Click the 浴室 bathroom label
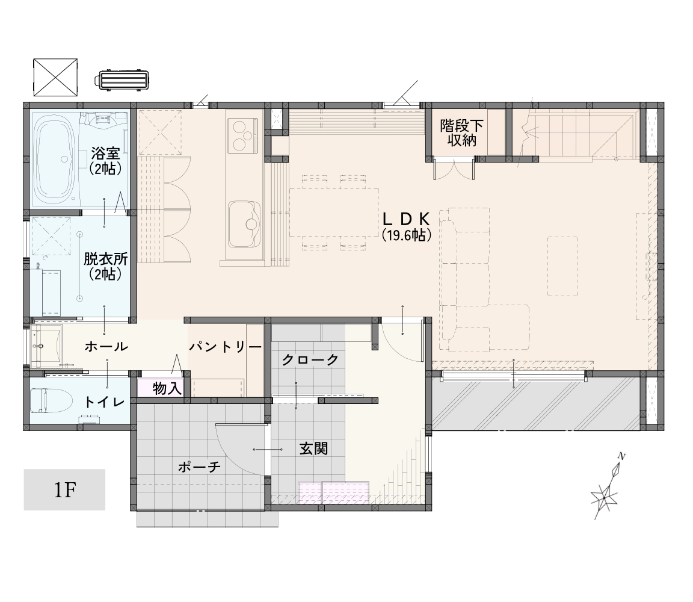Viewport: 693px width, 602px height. [x=105, y=154]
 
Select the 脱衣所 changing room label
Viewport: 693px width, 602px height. [x=105, y=259]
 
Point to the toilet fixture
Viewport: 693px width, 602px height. [x=51, y=400]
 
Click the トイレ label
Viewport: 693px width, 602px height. [x=104, y=402]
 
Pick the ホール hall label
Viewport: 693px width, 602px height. [x=106, y=346]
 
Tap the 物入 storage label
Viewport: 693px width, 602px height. [x=167, y=388]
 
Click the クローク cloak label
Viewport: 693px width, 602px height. [x=310, y=359]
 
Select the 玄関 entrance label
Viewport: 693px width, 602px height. [x=314, y=448]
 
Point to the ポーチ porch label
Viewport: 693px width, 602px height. [x=199, y=466]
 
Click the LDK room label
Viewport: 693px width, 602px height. [x=406, y=219]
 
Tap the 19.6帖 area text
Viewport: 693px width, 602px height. [x=406, y=235]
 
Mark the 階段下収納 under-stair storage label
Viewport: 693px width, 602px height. [x=461, y=133]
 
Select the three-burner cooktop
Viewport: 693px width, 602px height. [x=242, y=135]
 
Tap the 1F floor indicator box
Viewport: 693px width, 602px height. [x=64, y=489]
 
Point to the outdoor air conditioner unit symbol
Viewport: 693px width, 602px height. [x=121, y=81]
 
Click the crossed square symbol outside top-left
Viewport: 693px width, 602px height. [x=56, y=77]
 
